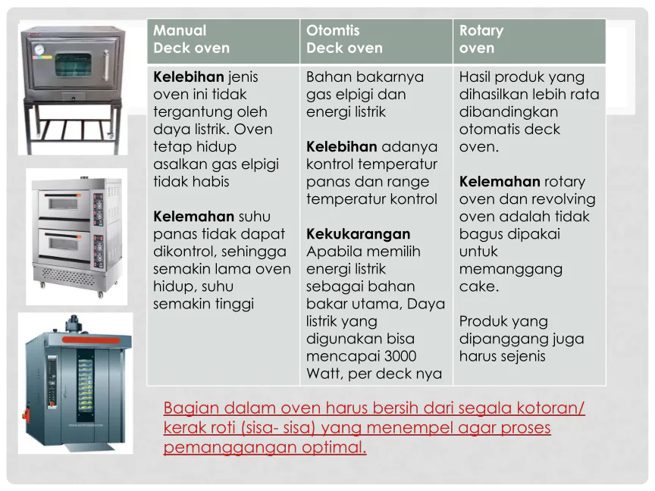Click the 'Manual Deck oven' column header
click(x=192, y=39)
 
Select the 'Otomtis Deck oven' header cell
click(x=343, y=39)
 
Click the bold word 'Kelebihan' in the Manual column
click(x=189, y=77)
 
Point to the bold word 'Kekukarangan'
click(x=358, y=234)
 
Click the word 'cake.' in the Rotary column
click(x=479, y=286)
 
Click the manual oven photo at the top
click(x=72, y=89)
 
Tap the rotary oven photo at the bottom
click(x=76, y=383)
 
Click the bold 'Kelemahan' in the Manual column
click(x=189, y=217)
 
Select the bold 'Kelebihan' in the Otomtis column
click(x=342, y=147)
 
